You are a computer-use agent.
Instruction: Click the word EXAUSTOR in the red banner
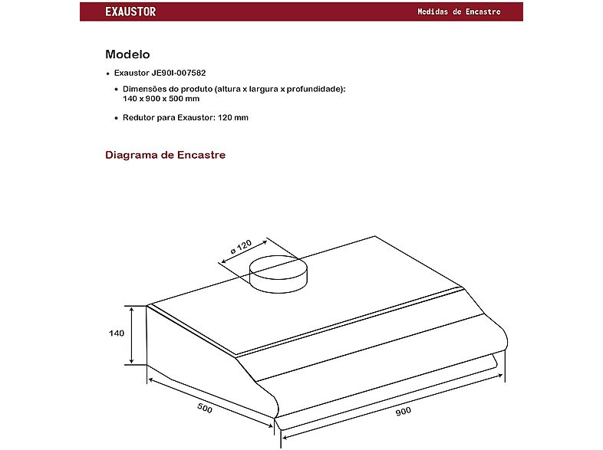[x=130, y=11]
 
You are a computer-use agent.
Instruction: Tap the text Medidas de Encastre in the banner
[x=460, y=11]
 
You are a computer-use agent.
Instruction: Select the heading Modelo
[x=127, y=54]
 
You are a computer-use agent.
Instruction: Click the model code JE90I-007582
[x=179, y=73]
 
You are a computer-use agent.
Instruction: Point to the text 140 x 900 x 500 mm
[x=161, y=99]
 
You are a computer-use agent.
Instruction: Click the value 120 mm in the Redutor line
[x=233, y=117]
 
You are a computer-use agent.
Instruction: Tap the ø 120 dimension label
[x=241, y=247]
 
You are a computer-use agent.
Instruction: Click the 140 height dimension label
[x=117, y=333]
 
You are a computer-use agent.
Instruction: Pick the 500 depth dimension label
[x=205, y=408]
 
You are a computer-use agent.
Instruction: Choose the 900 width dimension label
[x=404, y=412]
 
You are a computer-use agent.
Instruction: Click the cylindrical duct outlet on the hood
[x=278, y=274]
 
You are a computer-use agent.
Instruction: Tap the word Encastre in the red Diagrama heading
[x=201, y=156]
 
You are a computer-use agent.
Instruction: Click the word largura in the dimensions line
[x=263, y=89]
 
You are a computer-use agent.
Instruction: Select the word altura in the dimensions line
[x=228, y=89]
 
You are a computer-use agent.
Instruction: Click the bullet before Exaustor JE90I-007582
[x=108, y=74]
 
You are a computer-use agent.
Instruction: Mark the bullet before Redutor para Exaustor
[x=117, y=118]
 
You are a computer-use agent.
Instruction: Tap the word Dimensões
[x=144, y=89]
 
